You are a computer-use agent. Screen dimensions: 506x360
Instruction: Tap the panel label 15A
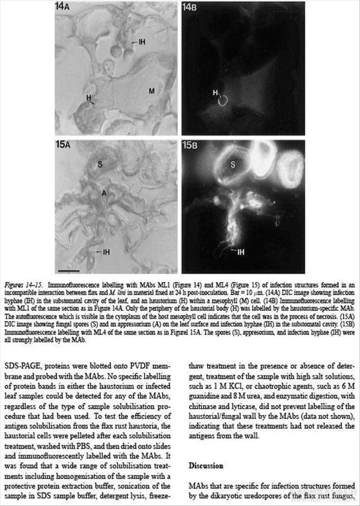65,144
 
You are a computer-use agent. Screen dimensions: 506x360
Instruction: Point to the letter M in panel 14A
151,90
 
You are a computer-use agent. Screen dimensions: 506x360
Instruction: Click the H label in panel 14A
89,97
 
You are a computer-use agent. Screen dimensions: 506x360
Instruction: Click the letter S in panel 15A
100,165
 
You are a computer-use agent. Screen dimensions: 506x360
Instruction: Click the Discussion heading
206,466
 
